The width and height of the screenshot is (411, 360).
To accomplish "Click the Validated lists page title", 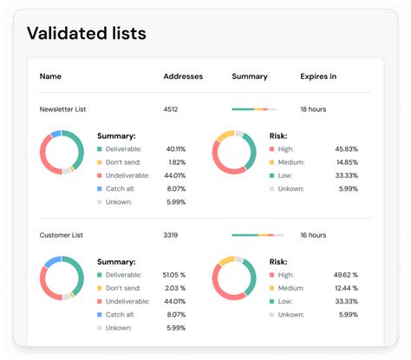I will coord(87,34).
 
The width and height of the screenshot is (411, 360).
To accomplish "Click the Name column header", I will coord(50,76).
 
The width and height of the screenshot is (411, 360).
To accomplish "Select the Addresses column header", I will coord(183,76).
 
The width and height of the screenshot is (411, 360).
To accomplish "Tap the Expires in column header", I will coord(318,76).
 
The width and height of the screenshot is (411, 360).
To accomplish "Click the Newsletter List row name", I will coord(63,109).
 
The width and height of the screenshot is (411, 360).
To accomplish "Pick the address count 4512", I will coord(172,109).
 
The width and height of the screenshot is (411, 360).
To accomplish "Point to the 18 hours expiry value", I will coord(313,109).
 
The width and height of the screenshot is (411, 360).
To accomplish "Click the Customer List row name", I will coord(62,235).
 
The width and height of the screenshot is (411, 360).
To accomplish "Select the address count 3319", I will coord(172,235).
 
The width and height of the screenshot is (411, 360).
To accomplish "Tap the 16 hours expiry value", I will coord(313,235).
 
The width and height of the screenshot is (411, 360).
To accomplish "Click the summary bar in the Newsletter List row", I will coord(254,109).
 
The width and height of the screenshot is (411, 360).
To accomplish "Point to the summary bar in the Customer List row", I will coord(254,235).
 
